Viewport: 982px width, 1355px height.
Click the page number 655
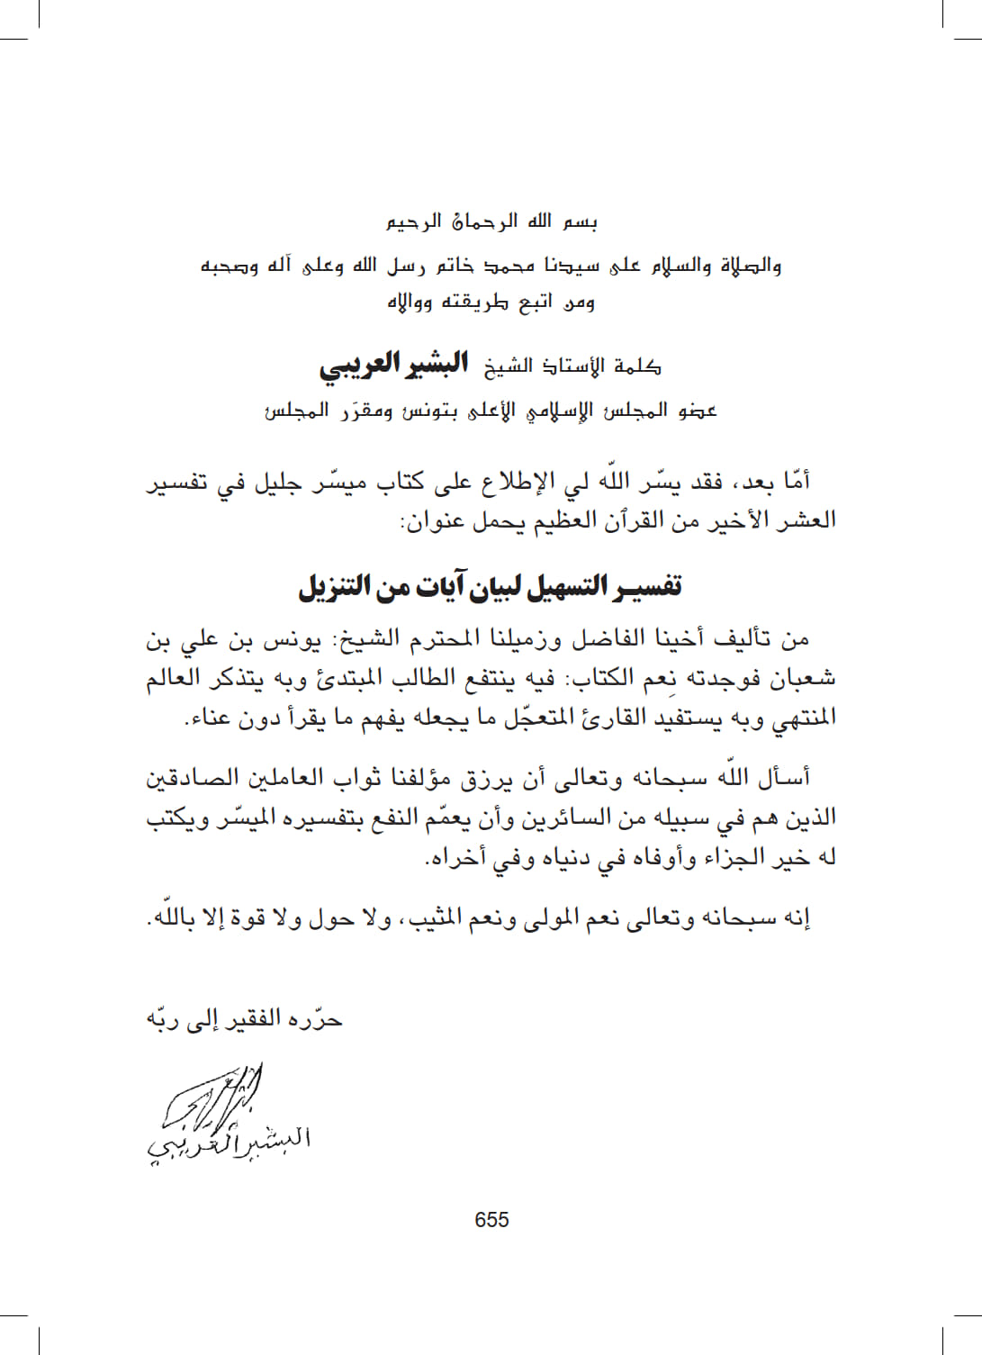click(491, 1220)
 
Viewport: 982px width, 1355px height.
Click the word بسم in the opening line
click(581, 221)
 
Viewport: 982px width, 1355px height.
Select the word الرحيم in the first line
click(413, 221)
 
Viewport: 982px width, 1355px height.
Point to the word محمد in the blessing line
click(509, 266)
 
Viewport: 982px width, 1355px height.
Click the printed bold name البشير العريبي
click(393, 365)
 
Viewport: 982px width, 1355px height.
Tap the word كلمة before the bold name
click(637, 366)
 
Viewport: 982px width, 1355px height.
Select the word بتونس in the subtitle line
click(429, 411)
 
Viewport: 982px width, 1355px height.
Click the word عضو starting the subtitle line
click(697, 411)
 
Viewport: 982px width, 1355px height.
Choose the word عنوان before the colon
click(431, 520)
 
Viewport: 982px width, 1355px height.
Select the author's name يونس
click(291, 640)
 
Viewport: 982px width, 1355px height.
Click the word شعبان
click(802, 678)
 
